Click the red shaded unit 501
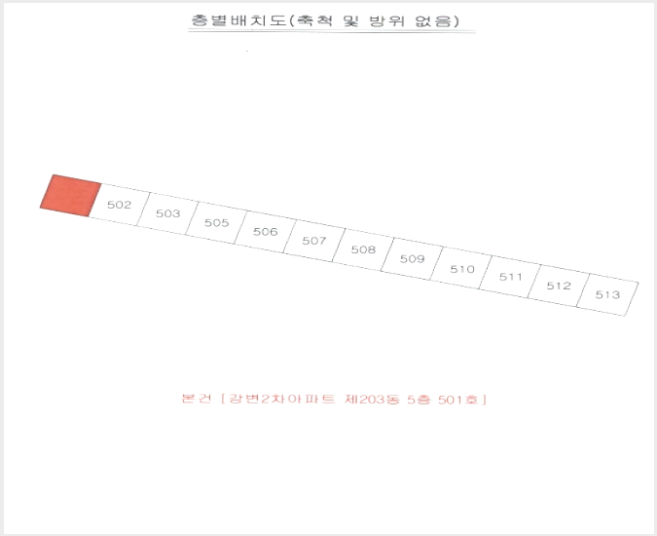click(x=71, y=196)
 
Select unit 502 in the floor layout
click(x=120, y=205)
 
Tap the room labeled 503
click(x=168, y=213)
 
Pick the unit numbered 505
click(x=217, y=223)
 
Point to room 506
click(x=265, y=232)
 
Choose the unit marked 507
click(x=314, y=241)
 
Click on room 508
click(x=363, y=249)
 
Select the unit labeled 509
click(x=413, y=259)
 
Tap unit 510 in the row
click(x=461, y=268)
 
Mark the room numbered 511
click(x=510, y=277)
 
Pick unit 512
click(x=559, y=286)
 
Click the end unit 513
click(x=607, y=294)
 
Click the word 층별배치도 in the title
click(x=238, y=20)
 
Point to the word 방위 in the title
click(x=387, y=20)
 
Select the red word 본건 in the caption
click(x=196, y=398)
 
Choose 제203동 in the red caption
click(x=372, y=399)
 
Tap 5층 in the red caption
click(x=419, y=400)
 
